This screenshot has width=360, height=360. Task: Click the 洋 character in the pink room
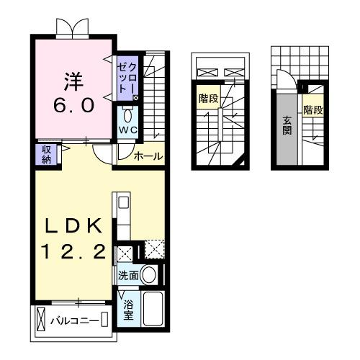click(72, 78)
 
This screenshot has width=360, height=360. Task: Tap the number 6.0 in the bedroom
click(72, 104)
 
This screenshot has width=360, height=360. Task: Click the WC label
click(127, 130)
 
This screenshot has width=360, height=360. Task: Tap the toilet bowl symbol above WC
click(127, 114)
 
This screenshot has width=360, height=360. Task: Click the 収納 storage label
click(45, 153)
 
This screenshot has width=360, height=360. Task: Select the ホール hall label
click(148, 156)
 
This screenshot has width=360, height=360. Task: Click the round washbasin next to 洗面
click(148, 274)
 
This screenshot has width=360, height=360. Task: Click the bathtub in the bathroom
click(153, 308)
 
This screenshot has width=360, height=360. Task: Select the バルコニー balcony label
click(74, 319)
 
